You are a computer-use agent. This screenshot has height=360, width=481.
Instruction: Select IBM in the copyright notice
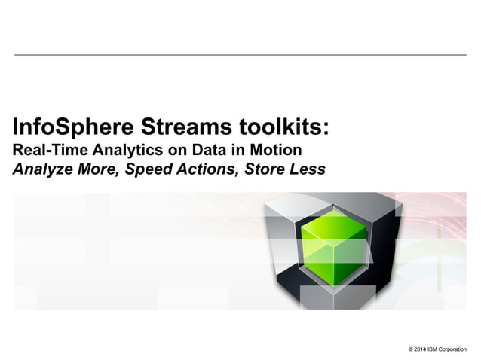coord(435,349)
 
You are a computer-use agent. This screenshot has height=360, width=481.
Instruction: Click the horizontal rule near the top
coord(240,55)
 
